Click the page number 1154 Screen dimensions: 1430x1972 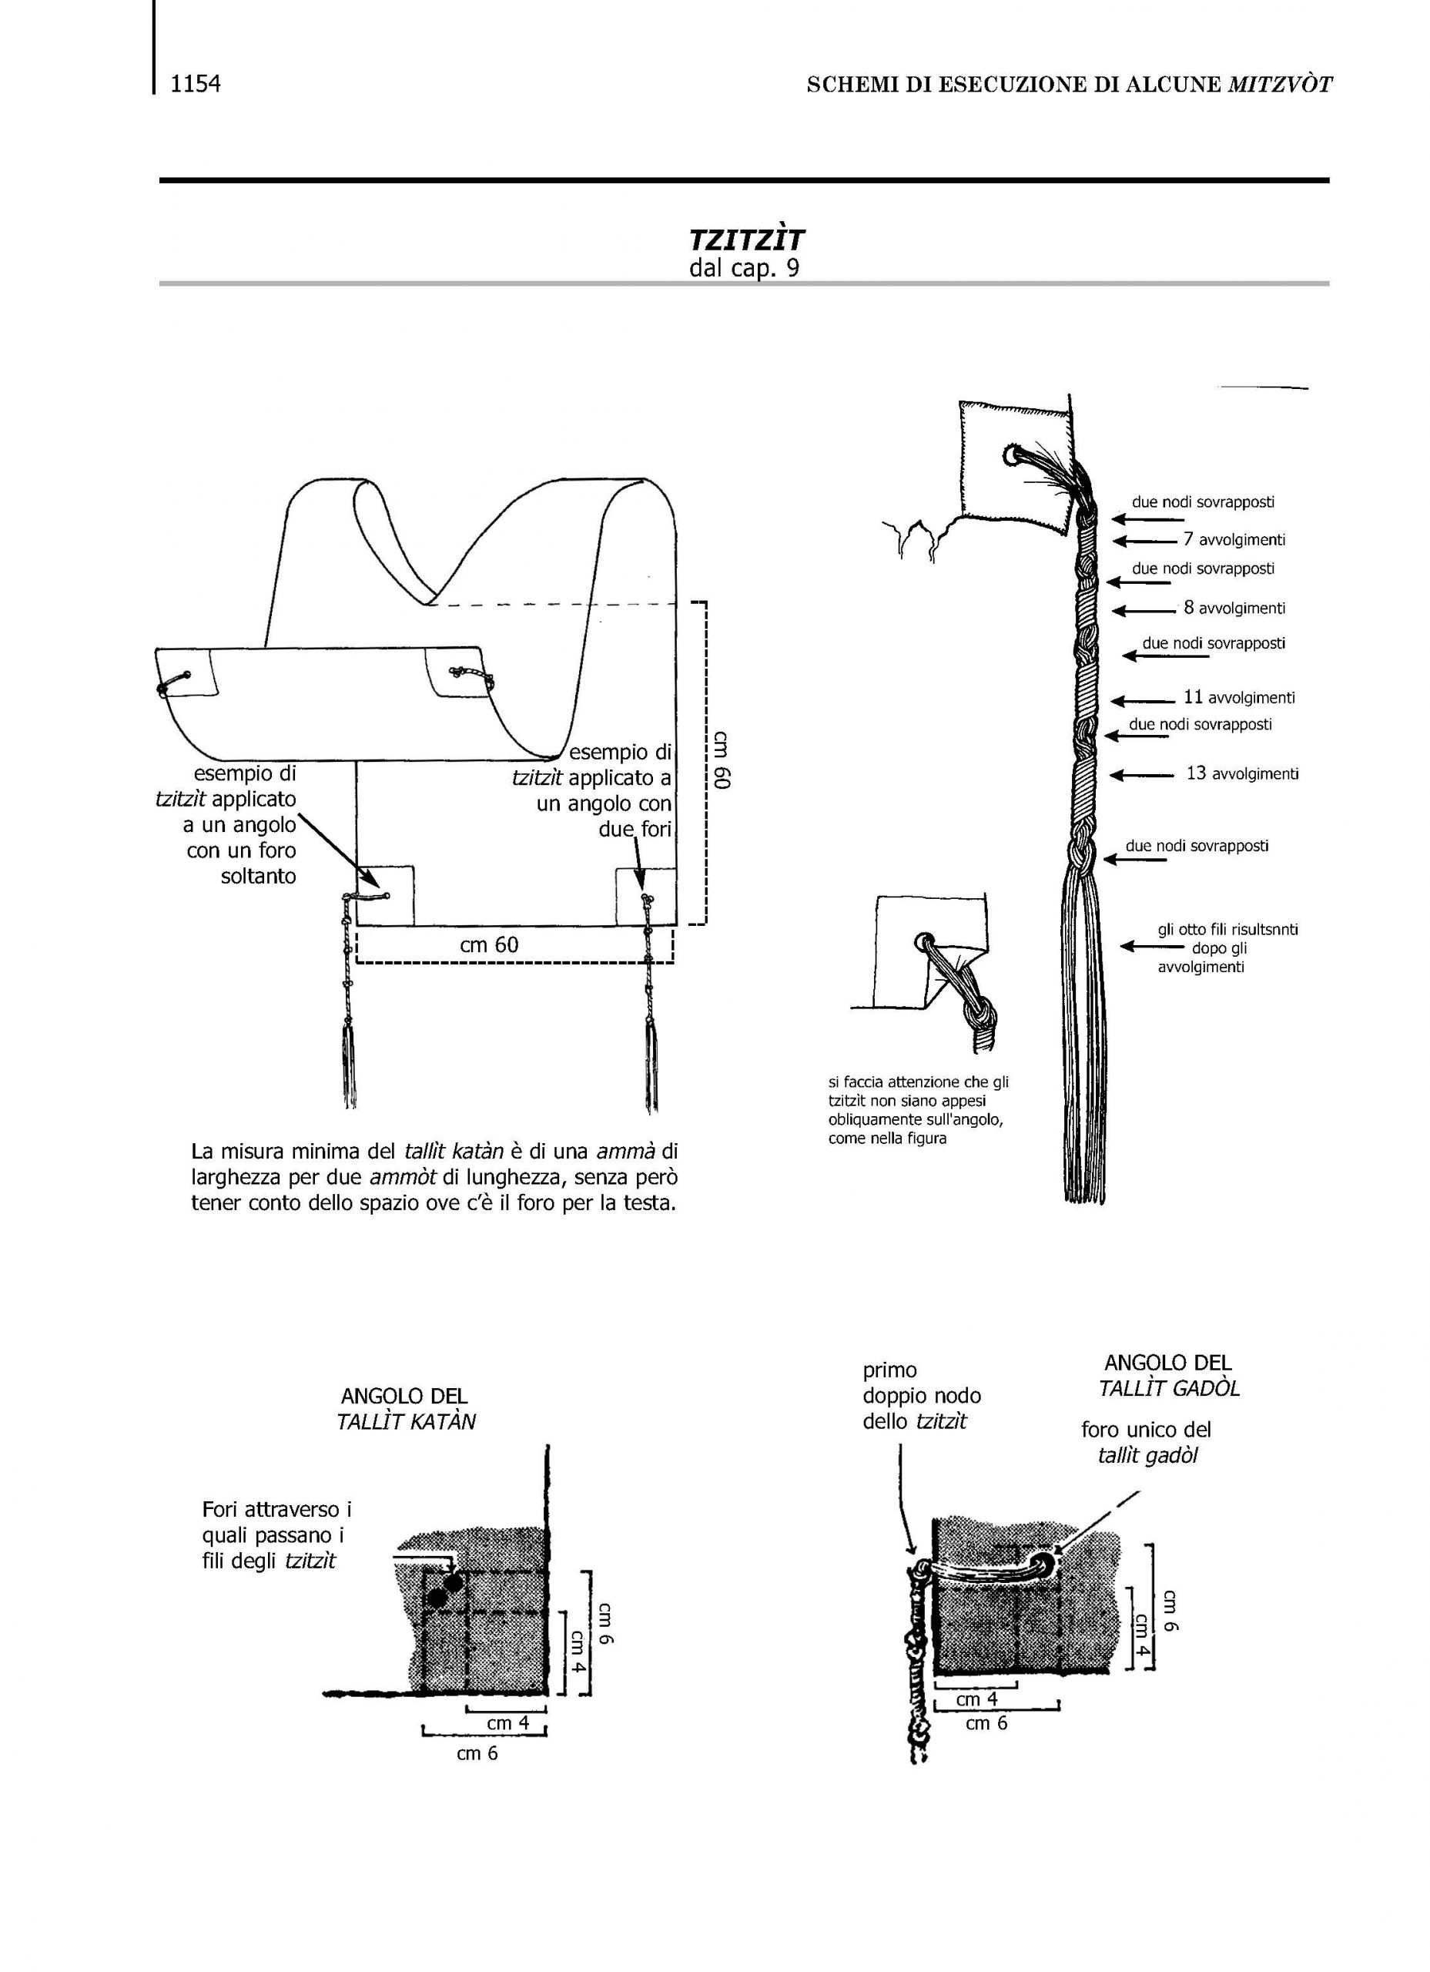coord(196,84)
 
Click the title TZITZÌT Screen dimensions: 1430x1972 coord(747,240)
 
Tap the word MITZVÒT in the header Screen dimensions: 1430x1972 coord(1280,84)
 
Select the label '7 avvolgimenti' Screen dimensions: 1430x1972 coord(1234,540)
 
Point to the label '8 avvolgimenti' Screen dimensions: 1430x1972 coord(1234,608)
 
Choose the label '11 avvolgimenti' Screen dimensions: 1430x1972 coord(1239,697)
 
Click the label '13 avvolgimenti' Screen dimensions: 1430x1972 coord(1242,773)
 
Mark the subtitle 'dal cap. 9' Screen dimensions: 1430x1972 coord(744,269)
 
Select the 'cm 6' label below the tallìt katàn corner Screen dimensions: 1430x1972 coord(477,1754)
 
